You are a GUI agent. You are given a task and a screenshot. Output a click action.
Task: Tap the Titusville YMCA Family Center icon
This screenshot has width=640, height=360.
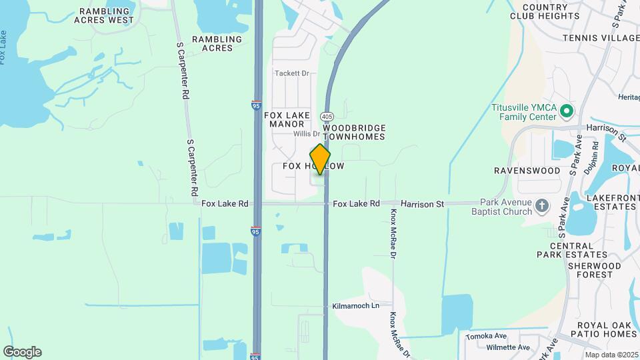click(567, 111)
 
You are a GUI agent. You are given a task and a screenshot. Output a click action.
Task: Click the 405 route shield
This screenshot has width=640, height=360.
click(327, 117)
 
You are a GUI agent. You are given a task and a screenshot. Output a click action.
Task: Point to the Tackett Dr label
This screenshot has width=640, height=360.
click(293, 73)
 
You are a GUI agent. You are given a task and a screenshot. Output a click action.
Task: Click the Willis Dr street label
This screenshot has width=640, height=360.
click(307, 134)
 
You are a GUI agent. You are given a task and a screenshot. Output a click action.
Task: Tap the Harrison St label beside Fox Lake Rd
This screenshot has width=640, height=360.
click(422, 203)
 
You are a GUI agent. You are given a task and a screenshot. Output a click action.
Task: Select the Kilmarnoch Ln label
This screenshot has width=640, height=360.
click(355, 305)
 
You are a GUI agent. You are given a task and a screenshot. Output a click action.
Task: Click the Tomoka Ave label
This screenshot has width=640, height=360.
click(487, 335)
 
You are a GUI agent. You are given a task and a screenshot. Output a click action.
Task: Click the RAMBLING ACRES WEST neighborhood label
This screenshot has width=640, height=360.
click(107, 15)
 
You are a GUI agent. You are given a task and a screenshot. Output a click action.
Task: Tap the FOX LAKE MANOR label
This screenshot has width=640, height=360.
click(287, 119)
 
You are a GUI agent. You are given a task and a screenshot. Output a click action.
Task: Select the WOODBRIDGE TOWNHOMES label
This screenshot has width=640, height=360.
click(355, 131)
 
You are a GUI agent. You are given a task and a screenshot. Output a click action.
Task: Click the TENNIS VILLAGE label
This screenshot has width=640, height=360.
click(601, 38)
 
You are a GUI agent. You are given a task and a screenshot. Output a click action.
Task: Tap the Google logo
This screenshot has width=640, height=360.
click(22, 351)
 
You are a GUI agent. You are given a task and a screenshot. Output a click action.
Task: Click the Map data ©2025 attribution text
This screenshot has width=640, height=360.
click(611, 354)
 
